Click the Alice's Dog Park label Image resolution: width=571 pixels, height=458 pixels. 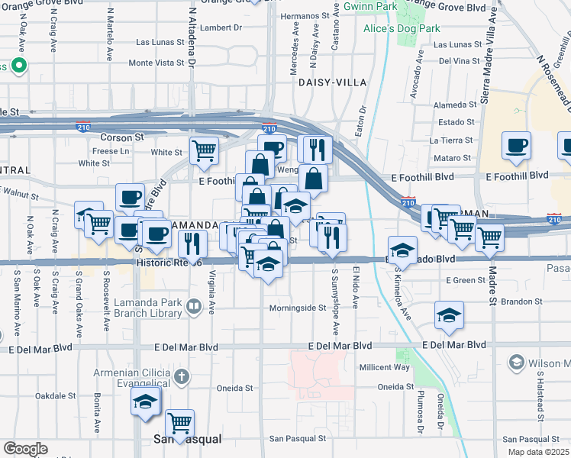point(402,28)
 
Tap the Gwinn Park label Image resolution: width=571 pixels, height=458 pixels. point(369,6)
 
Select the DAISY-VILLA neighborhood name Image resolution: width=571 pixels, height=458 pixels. point(332,82)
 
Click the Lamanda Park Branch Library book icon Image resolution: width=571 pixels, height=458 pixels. point(194,307)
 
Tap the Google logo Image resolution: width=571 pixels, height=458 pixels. point(24,449)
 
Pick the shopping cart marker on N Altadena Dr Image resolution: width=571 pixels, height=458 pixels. point(204,151)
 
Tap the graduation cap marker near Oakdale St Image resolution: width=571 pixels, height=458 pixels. point(144,401)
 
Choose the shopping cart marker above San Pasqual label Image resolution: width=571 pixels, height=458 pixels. point(179,422)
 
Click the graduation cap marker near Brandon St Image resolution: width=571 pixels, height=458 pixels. point(449,314)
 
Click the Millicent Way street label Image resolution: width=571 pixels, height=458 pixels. point(385,367)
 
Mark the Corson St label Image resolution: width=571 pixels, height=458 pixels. point(122,137)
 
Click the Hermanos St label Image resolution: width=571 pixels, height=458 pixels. point(309,15)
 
